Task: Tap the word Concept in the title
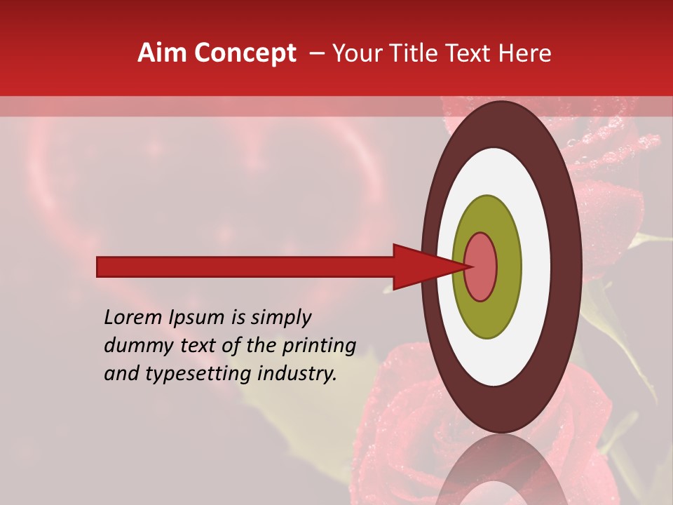pos(245,53)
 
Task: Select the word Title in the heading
pos(419,53)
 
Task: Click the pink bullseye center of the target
pos(482,267)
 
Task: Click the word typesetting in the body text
pos(197,375)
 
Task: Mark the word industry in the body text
pos(298,375)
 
